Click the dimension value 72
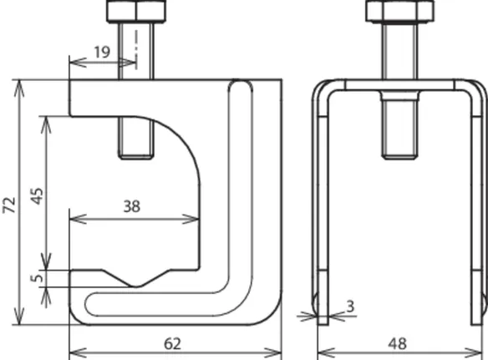(x=9, y=205)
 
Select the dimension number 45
(x=38, y=196)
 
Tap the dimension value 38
(x=132, y=206)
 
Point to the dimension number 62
(x=172, y=344)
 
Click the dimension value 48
(x=398, y=344)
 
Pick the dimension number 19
(x=102, y=52)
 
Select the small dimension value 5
(x=37, y=277)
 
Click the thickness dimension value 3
(x=350, y=307)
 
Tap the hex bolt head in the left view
(x=136, y=11)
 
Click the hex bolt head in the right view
(x=399, y=11)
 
